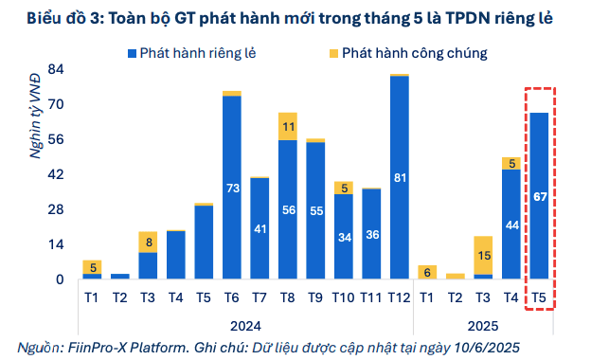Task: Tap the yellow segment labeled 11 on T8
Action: click(287, 126)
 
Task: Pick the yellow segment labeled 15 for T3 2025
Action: click(483, 256)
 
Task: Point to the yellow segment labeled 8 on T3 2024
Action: click(148, 242)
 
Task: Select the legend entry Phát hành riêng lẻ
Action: click(189, 53)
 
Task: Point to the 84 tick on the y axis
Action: click(56, 69)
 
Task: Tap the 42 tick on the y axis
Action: click(56, 174)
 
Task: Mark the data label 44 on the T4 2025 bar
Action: click(510, 225)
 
